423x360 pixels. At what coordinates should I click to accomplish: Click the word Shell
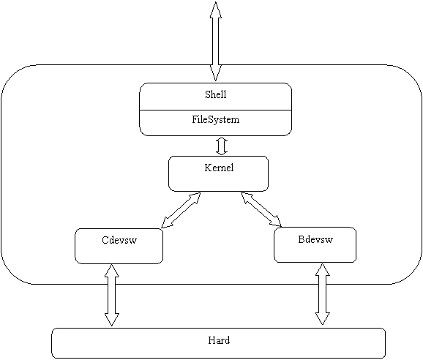[216, 94]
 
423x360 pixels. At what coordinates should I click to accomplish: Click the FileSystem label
[216, 119]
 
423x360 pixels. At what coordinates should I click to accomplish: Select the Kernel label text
[219, 168]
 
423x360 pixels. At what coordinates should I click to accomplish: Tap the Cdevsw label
[119, 240]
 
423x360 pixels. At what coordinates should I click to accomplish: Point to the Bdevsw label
[315, 239]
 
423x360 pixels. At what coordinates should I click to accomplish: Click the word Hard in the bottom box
[219, 340]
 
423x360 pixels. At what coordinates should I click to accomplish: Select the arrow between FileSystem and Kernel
[222, 146]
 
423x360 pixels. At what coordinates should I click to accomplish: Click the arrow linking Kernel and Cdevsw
[181, 210]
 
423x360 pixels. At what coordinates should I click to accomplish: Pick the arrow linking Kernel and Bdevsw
[261, 209]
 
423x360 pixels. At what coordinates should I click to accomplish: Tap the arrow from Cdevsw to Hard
[111, 295]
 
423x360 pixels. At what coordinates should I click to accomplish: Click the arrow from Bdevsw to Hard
[323, 294]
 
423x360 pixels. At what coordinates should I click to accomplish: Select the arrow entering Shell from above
[216, 41]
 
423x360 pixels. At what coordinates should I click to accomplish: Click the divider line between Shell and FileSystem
[216, 110]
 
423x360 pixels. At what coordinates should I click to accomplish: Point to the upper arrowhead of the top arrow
[216, 10]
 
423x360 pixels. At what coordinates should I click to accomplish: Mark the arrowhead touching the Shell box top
[216, 73]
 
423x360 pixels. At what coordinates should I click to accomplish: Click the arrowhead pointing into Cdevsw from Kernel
[166, 223]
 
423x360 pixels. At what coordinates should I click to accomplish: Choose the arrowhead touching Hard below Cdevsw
[111, 320]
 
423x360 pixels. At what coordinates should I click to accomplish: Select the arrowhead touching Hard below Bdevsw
[323, 318]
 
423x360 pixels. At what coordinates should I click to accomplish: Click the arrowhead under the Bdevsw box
[323, 270]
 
